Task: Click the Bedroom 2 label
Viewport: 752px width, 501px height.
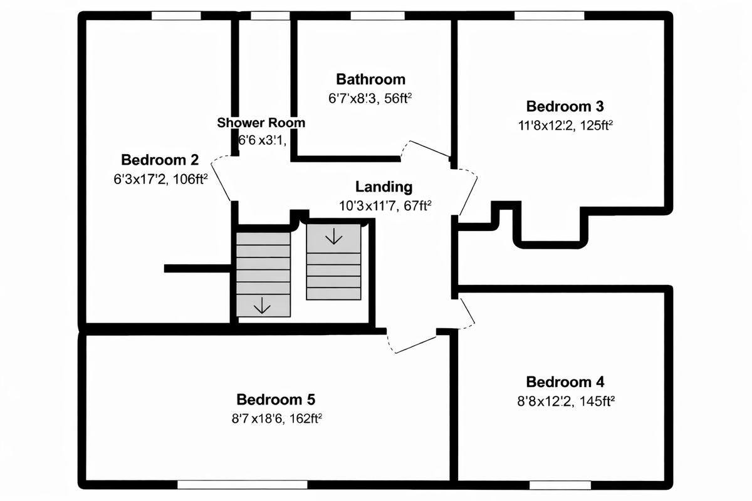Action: pos(160,159)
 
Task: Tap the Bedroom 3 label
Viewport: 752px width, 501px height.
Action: pos(565,106)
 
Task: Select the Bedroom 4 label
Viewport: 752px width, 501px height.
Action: pos(565,382)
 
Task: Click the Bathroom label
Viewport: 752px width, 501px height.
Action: pos(370,79)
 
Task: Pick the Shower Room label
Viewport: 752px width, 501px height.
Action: pos(261,123)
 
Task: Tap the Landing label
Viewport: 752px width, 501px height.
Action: pos(384,187)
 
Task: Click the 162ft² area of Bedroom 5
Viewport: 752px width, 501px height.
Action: pos(305,418)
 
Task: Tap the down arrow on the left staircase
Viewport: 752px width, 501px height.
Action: pos(262,305)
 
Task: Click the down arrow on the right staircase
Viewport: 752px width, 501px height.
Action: pos(333,236)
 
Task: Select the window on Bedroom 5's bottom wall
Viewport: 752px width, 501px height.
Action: pos(242,484)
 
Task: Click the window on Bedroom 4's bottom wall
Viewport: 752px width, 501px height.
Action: pos(560,484)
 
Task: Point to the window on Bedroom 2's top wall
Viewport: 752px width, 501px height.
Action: pos(176,16)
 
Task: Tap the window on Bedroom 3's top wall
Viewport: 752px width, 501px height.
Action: pos(550,16)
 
